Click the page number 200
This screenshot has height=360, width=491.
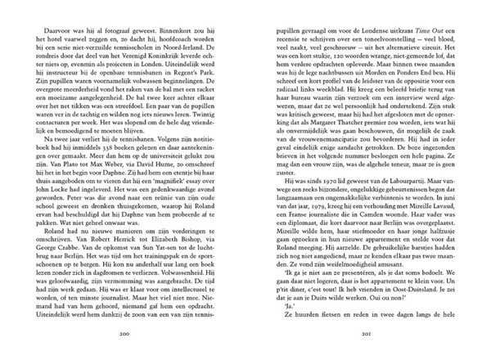(x=125, y=335)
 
